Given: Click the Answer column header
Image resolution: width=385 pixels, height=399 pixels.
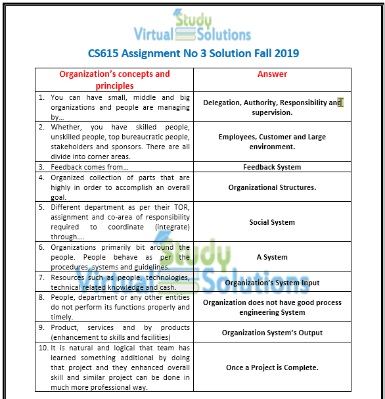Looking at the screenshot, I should coord(272,74).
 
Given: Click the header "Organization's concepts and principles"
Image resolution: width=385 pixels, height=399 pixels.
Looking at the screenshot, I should coord(114,80).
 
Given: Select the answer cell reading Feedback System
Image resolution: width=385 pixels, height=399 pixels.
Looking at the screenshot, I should coord(272,167).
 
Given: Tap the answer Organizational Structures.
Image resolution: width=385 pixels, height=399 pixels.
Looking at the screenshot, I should coord(272,187).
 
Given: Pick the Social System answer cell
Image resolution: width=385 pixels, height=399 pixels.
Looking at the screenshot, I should coord(272,222).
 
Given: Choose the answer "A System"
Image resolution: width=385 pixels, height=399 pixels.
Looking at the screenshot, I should coord(272,257).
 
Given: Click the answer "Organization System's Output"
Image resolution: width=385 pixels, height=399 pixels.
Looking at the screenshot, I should coord(272,333).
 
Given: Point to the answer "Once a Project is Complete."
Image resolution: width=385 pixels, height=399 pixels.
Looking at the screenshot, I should coord(272,367).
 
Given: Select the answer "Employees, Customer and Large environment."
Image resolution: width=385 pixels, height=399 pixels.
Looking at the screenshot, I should coord(272,142).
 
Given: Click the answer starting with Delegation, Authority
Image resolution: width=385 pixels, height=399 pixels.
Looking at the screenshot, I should coord(272,107).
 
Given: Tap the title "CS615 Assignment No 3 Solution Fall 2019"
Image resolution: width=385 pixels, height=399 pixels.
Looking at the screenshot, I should coord(193,53).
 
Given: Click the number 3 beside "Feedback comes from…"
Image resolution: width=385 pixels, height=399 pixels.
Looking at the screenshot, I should coord(41,167).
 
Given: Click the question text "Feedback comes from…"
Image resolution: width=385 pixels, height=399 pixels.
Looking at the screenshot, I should coord(89,167).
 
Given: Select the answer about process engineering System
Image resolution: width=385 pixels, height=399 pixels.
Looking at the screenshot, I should coord(272,308).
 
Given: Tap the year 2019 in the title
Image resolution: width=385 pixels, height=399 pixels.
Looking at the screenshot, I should coord(283,53).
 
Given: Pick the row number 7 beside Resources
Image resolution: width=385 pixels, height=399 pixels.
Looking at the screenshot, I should coord(41,277).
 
